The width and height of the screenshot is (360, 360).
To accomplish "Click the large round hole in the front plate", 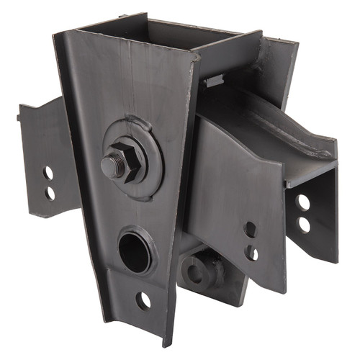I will click(x=134, y=249).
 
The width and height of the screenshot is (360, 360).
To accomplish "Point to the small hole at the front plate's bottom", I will click(x=143, y=300).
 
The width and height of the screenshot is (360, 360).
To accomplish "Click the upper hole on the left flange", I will click(x=48, y=174).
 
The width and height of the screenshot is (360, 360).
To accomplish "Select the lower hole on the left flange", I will click(x=50, y=192).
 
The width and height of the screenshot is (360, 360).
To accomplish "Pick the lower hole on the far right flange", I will click(x=304, y=225).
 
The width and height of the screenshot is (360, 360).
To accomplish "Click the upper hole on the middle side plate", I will click(x=250, y=229).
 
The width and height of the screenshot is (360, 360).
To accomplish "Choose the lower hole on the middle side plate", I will click(x=252, y=253).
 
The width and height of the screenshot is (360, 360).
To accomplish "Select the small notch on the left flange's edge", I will click(x=19, y=115).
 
